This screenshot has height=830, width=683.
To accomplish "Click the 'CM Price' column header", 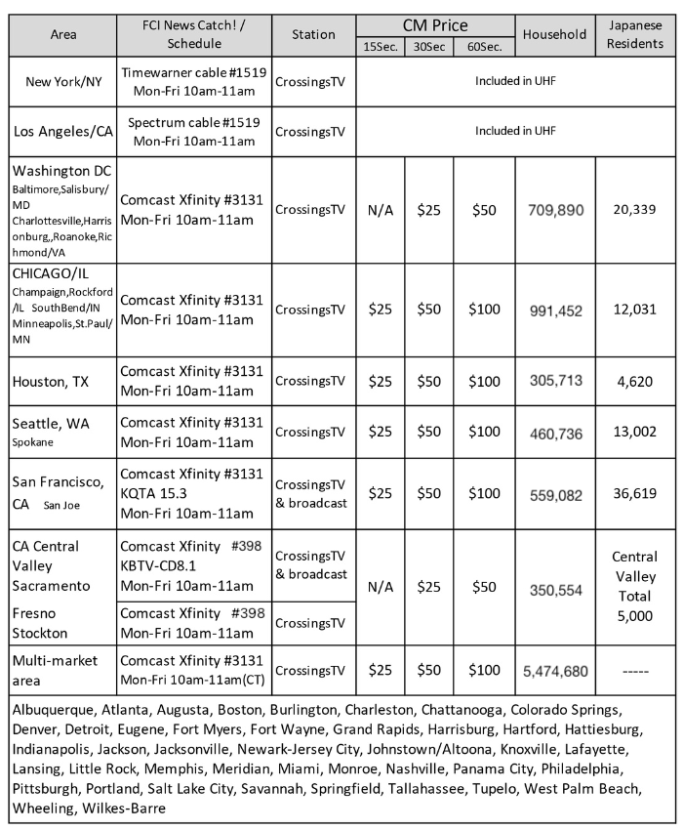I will click(x=435, y=25).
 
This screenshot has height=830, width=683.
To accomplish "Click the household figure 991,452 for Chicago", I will click(x=555, y=311).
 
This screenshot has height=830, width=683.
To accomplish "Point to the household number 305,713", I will click(x=555, y=381).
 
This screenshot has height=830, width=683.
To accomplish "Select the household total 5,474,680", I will click(x=555, y=671).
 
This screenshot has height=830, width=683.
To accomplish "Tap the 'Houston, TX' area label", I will click(x=50, y=382).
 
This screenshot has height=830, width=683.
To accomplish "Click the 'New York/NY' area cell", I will click(x=61, y=81).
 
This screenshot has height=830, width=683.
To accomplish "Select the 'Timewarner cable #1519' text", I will click(x=191, y=71).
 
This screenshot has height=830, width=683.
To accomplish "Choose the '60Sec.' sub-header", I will click(x=484, y=46).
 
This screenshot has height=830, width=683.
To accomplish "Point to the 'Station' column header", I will click(x=314, y=35).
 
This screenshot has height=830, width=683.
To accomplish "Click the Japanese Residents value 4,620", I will click(x=635, y=381).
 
